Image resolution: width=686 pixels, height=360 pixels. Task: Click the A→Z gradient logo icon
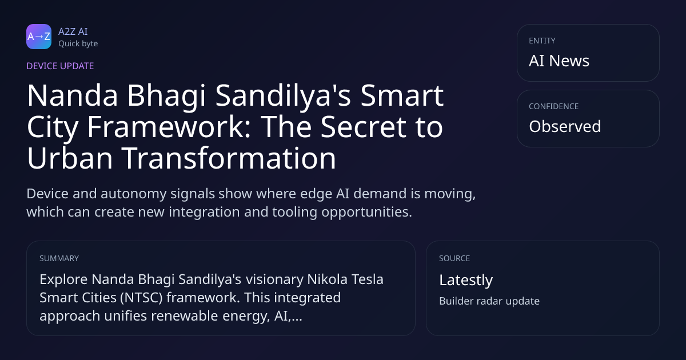(39, 37)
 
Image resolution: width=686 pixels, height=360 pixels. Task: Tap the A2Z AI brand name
(73, 31)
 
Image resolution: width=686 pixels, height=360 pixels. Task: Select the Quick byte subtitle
(78, 44)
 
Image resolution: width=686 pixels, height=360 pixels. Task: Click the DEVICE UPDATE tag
(60, 66)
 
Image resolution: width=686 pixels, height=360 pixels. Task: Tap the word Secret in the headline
(363, 127)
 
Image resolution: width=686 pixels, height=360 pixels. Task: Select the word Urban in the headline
(70, 158)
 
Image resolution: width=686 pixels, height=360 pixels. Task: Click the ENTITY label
(542, 41)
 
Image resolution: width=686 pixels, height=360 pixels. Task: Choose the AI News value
(559, 61)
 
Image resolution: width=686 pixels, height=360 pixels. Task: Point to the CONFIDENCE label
(554, 106)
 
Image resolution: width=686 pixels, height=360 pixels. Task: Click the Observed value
(565, 126)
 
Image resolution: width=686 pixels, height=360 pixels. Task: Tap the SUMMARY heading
(59, 258)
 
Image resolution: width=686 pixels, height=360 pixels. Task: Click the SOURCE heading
(454, 258)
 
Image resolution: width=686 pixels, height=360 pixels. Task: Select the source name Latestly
(466, 280)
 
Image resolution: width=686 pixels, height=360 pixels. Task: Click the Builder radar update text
(489, 301)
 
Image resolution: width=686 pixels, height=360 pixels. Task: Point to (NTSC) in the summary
(141, 298)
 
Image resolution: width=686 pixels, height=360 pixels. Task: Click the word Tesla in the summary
(367, 279)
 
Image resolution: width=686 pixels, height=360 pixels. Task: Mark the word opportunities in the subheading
(366, 213)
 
